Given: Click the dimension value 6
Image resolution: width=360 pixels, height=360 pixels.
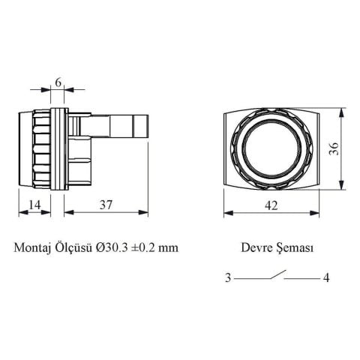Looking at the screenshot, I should (x=58, y=83).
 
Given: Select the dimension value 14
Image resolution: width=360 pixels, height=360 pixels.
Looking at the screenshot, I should (x=34, y=204).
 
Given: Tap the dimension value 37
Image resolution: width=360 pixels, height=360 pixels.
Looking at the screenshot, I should (x=107, y=204).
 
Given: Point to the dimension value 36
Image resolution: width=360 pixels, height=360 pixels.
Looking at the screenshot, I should (x=334, y=149).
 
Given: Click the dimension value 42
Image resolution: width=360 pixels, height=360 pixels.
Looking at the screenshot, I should (x=271, y=204).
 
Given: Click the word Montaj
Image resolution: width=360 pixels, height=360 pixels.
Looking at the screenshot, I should (x=32, y=247).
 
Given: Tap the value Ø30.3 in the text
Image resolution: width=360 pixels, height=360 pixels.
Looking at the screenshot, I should (x=112, y=247).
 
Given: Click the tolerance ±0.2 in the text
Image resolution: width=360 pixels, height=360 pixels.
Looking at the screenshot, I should (x=146, y=247).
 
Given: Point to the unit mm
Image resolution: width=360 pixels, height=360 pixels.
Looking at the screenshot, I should (x=170, y=247).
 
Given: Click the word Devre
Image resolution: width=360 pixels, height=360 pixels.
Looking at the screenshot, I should (x=255, y=247).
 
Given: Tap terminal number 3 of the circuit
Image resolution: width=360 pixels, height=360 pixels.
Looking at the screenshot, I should (x=227, y=278).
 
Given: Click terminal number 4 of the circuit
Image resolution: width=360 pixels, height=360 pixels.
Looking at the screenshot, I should (x=326, y=278).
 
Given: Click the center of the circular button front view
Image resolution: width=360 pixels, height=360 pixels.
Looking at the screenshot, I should (x=271, y=149).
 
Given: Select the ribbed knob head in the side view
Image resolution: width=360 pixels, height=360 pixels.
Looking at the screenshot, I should (x=34, y=149).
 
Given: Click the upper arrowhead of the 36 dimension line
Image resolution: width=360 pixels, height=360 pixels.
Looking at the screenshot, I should (x=343, y=112).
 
